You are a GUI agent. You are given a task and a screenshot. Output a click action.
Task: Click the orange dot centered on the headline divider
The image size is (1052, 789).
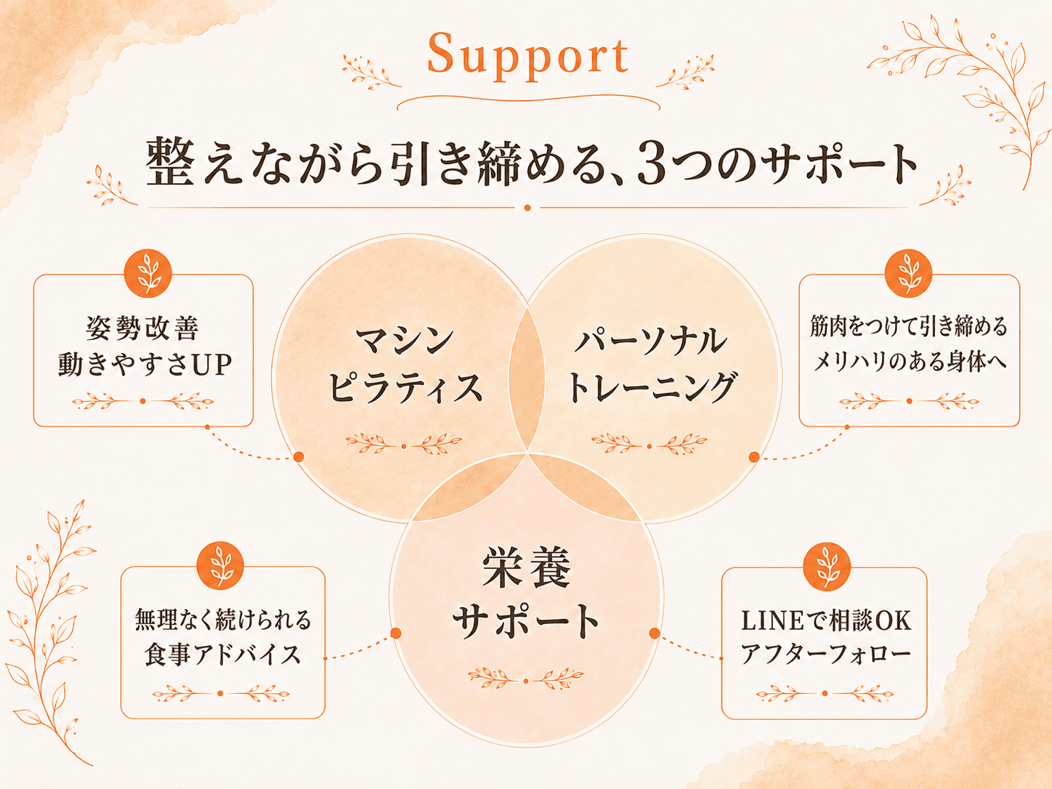(x=527, y=208)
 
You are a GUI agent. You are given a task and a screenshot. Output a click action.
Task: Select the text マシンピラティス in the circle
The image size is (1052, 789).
(x=405, y=364)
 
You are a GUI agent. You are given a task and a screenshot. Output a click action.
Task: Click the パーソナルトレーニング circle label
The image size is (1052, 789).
(x=651, y=364)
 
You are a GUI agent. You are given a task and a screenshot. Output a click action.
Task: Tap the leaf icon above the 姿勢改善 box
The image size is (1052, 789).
(x=148, y=273)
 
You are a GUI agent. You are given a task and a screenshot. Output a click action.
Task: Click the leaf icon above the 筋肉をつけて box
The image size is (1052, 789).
(x=908, y=273)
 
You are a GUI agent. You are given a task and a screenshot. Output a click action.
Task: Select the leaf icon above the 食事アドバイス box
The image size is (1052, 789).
(x=220, y=566)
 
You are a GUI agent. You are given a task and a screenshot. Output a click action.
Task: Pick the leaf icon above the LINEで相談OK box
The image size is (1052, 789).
(x=827, y=566)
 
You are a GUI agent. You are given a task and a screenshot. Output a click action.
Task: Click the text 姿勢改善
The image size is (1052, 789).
(x=142, y=328)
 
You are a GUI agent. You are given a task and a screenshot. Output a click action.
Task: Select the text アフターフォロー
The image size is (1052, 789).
(x=825, y=654)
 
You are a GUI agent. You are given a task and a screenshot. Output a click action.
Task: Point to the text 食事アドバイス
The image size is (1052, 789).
(x=222, y=655)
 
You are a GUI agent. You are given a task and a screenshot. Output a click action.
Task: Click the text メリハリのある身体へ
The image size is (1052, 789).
(x=909, y=362)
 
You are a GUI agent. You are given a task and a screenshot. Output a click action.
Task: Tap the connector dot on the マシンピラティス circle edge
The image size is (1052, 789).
(x=299, y=456)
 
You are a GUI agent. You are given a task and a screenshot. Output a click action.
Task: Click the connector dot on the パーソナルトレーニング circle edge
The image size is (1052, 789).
(x=754, y=456)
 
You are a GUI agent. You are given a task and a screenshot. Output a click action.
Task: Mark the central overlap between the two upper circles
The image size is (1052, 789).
(x=527, y=379)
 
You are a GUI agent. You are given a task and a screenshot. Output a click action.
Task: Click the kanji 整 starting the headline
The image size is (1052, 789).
(x=170, y=162)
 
